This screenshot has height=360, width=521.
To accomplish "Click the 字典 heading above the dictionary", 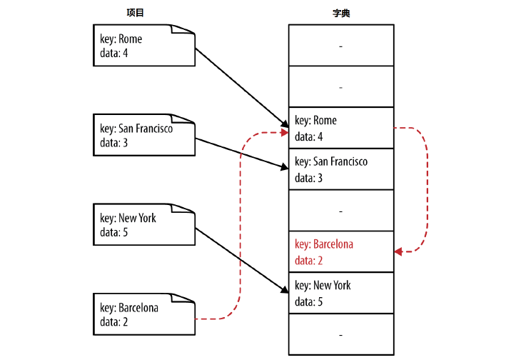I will [340, 13].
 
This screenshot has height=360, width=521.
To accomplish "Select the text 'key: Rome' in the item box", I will [121, 39].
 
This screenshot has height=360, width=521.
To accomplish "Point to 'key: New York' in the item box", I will [128, 218].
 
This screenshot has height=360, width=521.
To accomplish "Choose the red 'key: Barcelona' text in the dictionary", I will [324, 244].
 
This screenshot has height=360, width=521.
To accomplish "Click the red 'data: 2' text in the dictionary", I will [308, 260].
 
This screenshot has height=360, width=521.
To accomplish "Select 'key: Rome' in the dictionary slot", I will [315, 121].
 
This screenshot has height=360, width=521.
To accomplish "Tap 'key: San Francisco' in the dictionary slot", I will [331, 162].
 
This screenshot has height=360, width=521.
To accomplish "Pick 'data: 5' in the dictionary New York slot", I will [308, 301].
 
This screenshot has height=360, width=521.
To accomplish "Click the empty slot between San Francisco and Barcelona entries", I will [340, 211].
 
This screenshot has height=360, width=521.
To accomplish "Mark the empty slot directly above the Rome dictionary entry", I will [340, 86].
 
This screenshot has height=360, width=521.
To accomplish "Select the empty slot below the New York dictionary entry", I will [340, 334].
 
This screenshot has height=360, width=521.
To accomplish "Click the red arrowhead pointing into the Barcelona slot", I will [399, 251].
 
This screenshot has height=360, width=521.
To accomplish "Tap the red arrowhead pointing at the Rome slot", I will [283, 132].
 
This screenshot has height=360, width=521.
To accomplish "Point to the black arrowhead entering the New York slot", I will [283, 290].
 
